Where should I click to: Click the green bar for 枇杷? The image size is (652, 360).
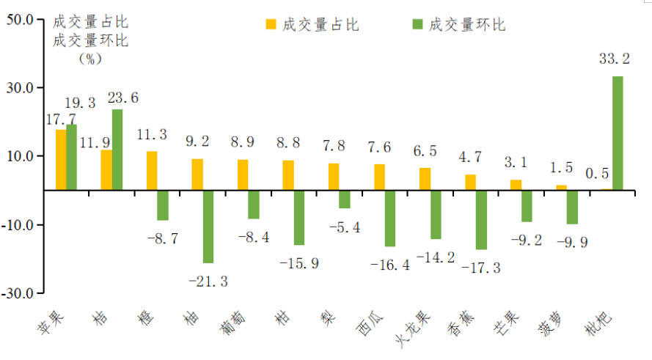[618, 133]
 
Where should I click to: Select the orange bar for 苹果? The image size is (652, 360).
[61, 160]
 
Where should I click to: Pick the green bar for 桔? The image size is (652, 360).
[117, 150]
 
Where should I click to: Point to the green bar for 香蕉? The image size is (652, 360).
[481, 219]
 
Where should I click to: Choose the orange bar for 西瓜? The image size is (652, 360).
[379, 177]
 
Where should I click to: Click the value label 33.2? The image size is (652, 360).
[615, 58]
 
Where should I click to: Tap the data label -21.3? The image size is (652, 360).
[208, 281]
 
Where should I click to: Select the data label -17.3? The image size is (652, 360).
[480, 268]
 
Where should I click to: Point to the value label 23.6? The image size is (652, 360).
[122, 98]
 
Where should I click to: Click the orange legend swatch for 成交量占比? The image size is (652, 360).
[271, 24]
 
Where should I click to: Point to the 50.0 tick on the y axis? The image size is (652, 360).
[20, 20]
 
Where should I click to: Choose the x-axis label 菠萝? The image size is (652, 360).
[552, 323]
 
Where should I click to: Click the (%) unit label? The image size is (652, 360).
[89, 59]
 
